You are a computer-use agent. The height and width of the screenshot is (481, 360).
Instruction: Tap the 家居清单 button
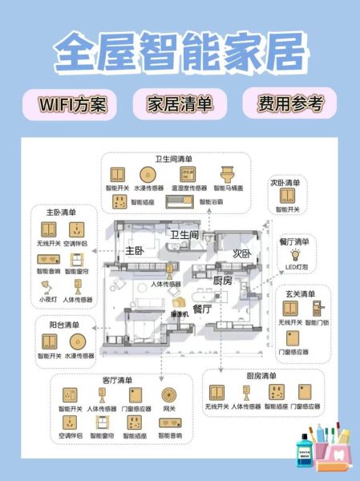pyautogui.click(x=179, y=104)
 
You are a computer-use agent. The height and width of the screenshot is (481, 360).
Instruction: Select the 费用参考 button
pyautogui.click(x=290, y=103)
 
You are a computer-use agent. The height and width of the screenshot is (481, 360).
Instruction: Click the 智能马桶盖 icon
pyautogui.click(x=227, y=174)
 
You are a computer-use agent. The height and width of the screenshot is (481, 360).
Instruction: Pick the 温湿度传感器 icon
pyautogui.click(x=188, y=174)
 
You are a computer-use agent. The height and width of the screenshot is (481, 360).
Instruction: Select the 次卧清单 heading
pyautogui.click(x=286, y=182)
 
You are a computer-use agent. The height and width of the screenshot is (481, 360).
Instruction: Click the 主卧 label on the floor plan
pyautogui.click(x=134, y=251)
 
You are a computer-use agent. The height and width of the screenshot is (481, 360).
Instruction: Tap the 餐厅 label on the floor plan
pyautogui.click(x=203, y=308)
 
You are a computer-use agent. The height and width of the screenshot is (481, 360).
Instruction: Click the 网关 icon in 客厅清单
pyautogui.click(x=168, y=395)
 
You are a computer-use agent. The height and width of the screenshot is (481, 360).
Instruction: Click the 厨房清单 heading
pyautogui.click(x=261, y=376)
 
